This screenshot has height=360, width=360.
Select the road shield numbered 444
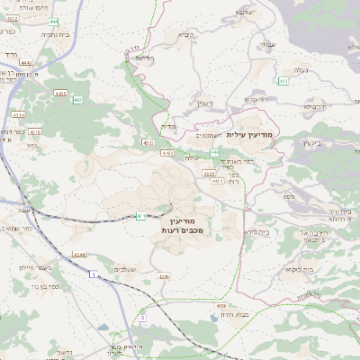(54, 21)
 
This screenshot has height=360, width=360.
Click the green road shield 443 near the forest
(77, 99)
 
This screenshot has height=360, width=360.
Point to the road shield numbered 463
(283, 81)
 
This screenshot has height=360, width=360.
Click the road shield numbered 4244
(81, 255)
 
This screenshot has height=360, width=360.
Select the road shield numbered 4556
(221, 306)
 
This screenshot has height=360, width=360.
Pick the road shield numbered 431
(142, 215)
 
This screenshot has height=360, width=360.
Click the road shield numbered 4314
(20, 116)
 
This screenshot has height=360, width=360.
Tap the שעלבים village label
(125, 269)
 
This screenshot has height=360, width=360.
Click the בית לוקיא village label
(298, 269)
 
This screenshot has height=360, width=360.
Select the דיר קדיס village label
(257, 99)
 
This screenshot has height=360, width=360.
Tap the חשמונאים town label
(209, 135)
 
